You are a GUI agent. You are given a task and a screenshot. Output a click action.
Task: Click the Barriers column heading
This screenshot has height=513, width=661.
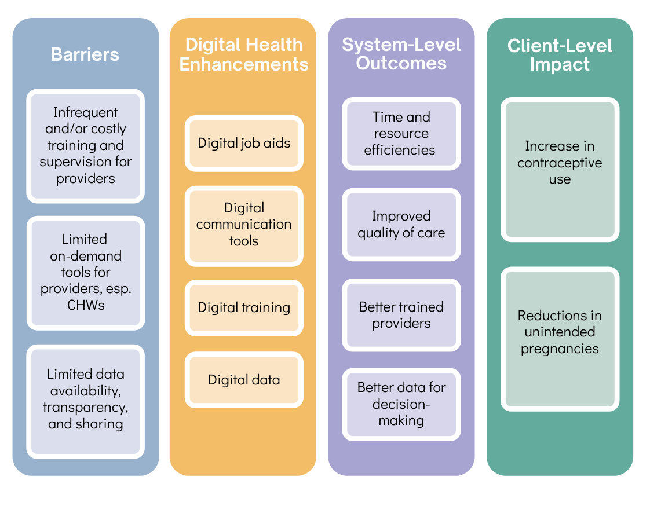85,54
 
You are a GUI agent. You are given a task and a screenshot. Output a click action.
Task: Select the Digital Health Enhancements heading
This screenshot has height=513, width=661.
243,54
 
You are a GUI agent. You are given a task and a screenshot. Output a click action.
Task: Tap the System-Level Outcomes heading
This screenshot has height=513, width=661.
401,54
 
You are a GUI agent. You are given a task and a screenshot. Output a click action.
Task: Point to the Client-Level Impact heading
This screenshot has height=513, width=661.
560,55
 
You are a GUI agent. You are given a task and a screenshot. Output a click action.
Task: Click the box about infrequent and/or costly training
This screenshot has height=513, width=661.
85,146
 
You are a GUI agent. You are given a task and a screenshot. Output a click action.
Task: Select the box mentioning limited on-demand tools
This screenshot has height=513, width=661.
85,272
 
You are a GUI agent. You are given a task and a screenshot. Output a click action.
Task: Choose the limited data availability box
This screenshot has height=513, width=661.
85,400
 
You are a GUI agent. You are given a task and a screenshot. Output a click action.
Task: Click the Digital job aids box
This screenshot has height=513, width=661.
244,143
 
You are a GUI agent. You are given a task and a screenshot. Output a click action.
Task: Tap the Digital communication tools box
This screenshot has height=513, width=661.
244,225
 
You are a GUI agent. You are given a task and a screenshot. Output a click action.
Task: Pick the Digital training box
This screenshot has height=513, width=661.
244,307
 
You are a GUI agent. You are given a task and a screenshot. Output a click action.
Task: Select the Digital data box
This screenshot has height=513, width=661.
244,380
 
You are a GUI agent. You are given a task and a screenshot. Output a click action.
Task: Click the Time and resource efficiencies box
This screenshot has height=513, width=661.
401,134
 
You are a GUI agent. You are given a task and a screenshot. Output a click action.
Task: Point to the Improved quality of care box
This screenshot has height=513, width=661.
401,225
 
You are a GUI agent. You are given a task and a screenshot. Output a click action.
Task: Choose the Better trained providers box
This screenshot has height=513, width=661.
401,315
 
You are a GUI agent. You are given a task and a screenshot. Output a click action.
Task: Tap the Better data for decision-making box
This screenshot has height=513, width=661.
401,404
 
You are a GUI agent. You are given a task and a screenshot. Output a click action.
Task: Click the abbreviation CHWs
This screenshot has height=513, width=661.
85,305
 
